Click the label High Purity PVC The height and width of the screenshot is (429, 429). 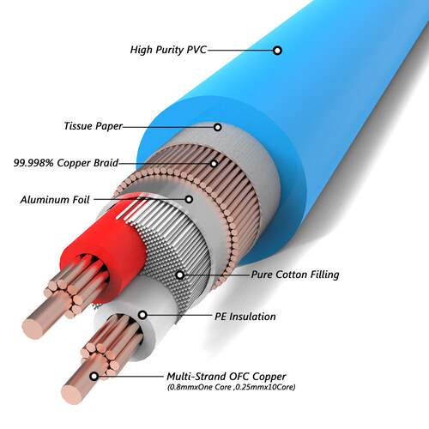tap(168, 50)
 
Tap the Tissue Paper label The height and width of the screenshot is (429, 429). tap(94, 126)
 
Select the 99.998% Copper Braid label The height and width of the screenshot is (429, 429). tap(66, 163)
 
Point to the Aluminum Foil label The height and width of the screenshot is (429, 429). tap(55, 199)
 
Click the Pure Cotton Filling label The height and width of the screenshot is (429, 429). tap(295, 275)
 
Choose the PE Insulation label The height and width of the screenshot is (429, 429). tap(245, 317)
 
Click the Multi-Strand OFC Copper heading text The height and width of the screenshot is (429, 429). tap(227, 377)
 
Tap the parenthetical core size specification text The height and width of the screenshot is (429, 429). tap(231, 387)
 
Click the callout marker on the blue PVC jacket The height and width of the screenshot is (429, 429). tap(277, 51)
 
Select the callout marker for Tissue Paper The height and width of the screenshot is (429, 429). tap(218, 127)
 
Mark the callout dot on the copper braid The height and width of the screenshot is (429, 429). tap(214, 164)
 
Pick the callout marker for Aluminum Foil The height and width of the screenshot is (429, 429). tap(189, 199)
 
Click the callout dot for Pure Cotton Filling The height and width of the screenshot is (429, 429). tap(180, 275)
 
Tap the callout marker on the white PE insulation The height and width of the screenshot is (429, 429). tap(142, 315)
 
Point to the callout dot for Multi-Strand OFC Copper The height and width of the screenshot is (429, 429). tap(94, 377)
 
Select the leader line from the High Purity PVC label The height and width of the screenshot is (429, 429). tap(239, 51)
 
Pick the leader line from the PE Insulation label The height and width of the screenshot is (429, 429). tap(179, 316)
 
